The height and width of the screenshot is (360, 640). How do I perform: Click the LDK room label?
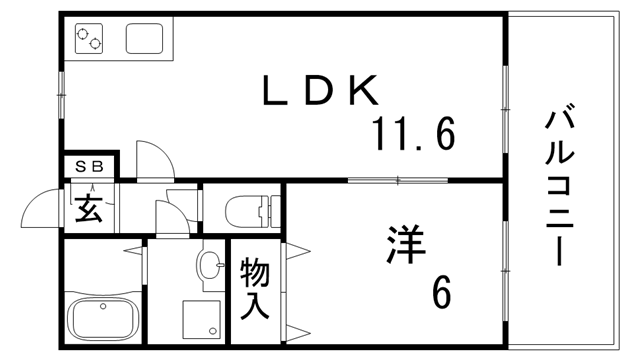322,92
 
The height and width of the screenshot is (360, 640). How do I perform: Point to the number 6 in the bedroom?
441,293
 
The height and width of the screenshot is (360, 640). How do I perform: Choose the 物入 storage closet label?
255,288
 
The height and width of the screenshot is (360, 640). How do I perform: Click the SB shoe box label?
89,167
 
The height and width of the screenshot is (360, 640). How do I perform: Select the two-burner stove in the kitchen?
90,40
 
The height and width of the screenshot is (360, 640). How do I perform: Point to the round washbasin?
209,265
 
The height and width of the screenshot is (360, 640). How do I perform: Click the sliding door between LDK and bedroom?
397,181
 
